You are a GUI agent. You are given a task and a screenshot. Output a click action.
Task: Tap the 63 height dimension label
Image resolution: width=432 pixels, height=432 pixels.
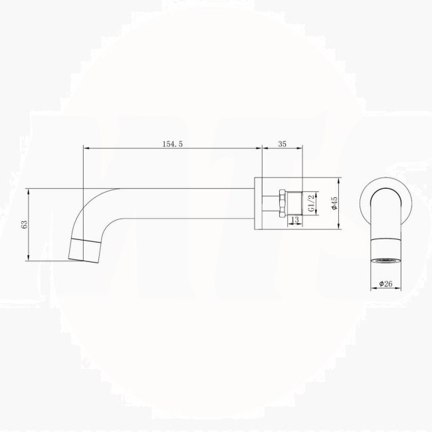pyautogui.click(x=25, y=225)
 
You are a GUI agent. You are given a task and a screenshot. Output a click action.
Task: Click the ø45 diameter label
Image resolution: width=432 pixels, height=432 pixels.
pyautogui.click(x=336, y=203)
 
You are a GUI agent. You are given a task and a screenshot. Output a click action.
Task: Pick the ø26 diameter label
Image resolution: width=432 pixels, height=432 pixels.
pyautogui.click(x=385, y=284)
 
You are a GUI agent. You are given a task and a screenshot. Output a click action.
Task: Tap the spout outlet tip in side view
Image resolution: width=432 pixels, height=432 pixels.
pyautogui.click(x=84, y=250)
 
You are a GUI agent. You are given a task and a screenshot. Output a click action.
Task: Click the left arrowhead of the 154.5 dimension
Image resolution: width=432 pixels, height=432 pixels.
pyautogui.click(x=85, y=148)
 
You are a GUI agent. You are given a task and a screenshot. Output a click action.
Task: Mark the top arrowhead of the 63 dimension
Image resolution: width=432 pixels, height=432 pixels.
pyautogui.click(x=29, y=190)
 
